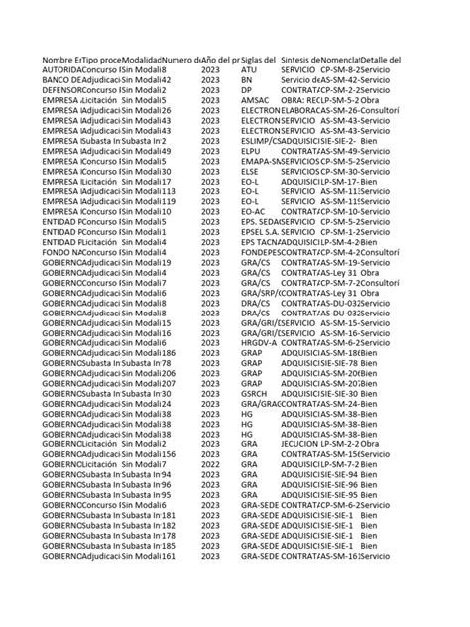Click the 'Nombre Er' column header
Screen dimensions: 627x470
point(61,61)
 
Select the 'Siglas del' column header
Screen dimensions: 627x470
point(260,61)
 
